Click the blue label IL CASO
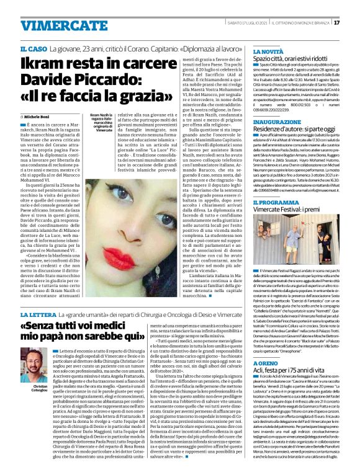pyautogui.click(x=31, y=49)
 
